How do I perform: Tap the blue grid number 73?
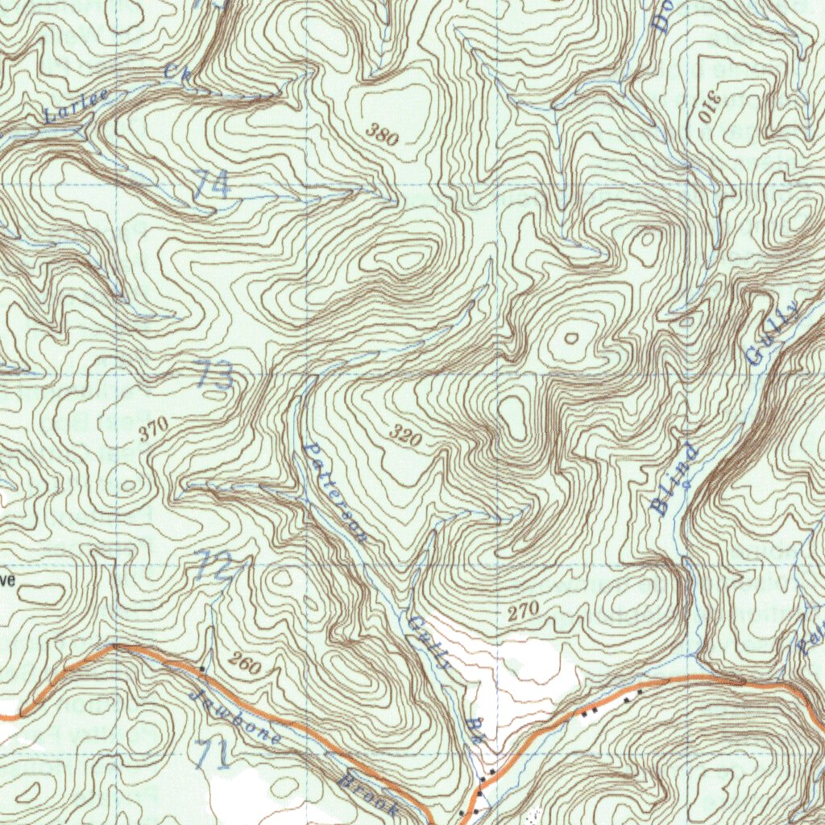click(x=215, y=375)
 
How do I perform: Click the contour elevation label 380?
click(x=382, y=135)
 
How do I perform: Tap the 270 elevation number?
click(x=523, y=611)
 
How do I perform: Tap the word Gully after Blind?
click(x=773, y=333)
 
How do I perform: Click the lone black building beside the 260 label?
click(x=201, y=669)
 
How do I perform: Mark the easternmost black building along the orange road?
click(x=640, y=691)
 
